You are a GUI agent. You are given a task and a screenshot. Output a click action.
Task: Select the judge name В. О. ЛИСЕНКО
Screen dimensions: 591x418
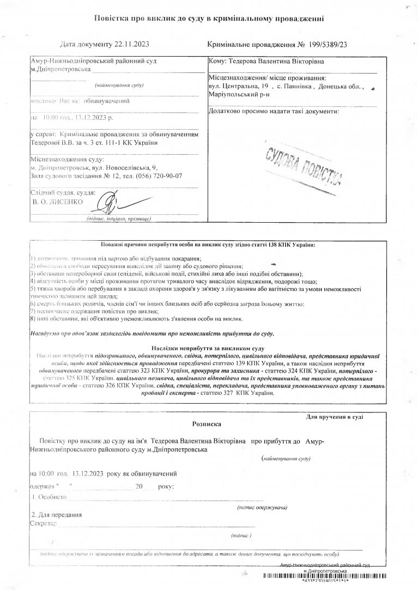pyautogui.click(x=57, y=202)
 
